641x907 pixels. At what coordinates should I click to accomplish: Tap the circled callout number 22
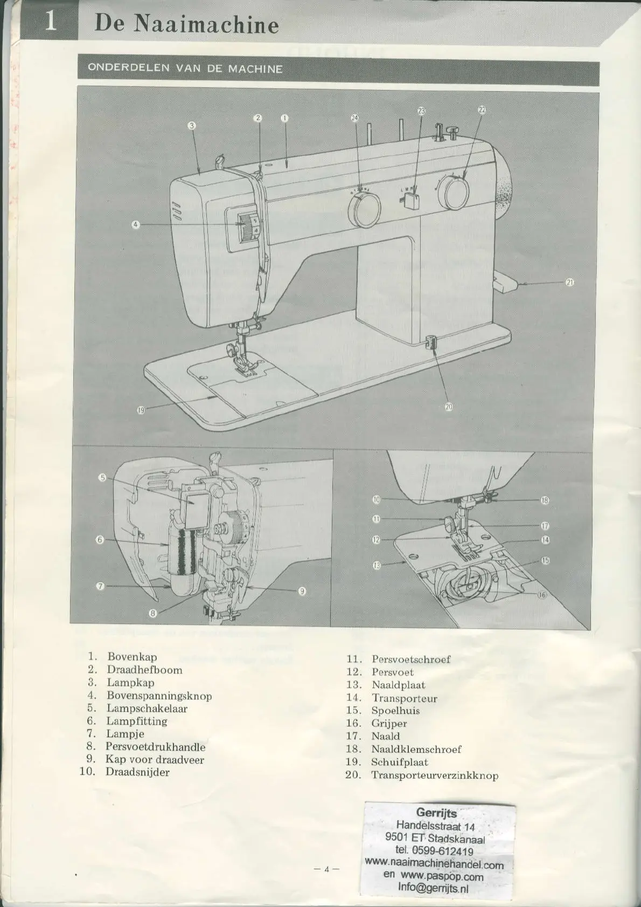(x=482, y=109)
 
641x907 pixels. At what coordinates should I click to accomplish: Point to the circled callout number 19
(x=141, y=410)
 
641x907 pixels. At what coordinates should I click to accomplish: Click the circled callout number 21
(x=570, y=283)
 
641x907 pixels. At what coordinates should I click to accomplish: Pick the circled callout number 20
(x=449, y=407)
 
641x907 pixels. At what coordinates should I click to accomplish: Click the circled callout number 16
(x=542, y=595)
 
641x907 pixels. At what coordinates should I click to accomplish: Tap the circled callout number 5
(x=102, y=477)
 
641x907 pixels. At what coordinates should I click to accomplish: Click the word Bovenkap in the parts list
(x=132, y=657)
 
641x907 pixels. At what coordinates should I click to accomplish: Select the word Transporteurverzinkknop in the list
(x=434, y=775)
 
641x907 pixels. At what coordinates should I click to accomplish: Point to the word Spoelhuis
(x=395, y=711)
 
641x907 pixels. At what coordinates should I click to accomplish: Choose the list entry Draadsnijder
(x=137, y=772)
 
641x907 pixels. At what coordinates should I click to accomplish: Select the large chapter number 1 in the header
(x=50, y=22)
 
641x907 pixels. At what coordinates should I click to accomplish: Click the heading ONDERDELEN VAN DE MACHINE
(x=185, y=68)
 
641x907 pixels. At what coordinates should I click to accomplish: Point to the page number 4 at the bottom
(x=326, y=869)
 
